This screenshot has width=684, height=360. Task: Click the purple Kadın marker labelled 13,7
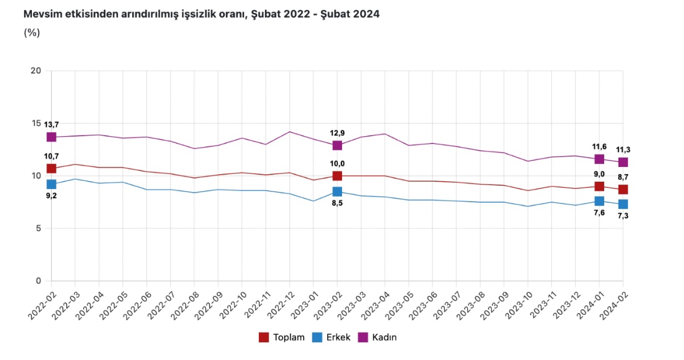[x=51, y=137]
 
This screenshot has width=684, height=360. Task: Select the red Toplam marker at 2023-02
[x=337, y=176]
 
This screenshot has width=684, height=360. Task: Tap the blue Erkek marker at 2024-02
[x=623, y=204]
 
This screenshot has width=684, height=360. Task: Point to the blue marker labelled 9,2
[x=51, y=184]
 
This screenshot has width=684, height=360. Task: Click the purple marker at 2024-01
[x=599, y=159]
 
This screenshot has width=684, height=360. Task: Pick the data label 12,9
[x=337, y=133]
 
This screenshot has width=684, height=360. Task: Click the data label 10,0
[x=337, y=163]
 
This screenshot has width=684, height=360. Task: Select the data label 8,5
[x=337, y=204]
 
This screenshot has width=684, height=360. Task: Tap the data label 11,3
[x=623, y=150]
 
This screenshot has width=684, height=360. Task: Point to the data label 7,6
[x=599, y=213]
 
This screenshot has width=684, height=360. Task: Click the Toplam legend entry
[x=282, y=337]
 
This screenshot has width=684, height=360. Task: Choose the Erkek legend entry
[x=332, y=337]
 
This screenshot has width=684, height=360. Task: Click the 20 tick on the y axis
[x=36, y=71]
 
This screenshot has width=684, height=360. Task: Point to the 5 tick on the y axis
[x=39, y=228]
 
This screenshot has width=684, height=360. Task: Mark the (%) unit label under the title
[x=31, y=32]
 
